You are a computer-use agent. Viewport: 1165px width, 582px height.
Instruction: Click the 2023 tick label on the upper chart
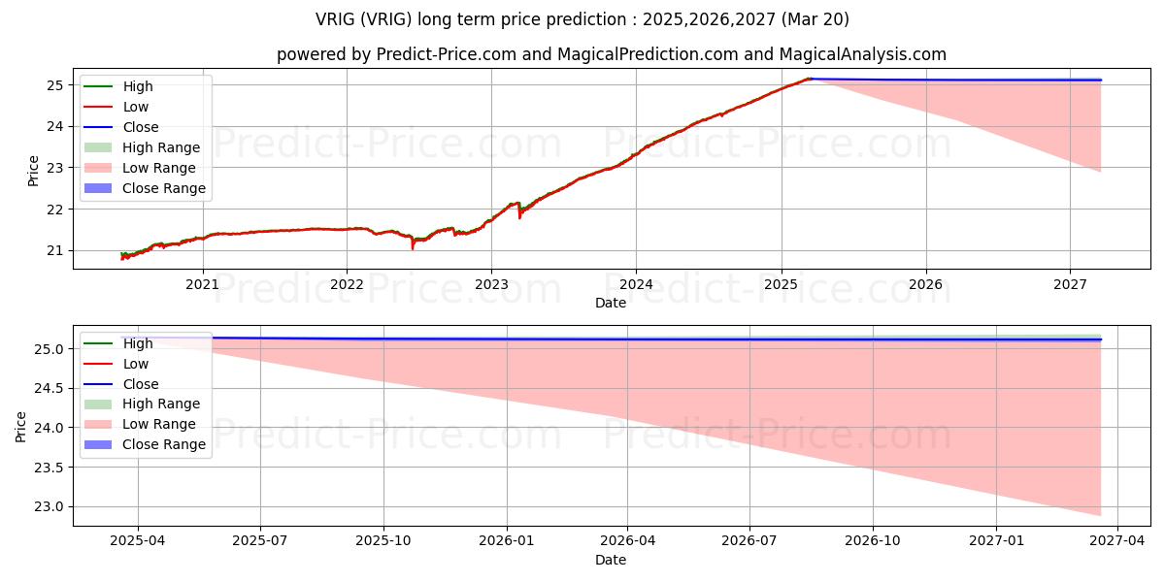pyautogui.click(x=491, y=284)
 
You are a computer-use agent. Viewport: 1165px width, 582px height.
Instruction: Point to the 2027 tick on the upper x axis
pyautogui.click(x=1070, y=284)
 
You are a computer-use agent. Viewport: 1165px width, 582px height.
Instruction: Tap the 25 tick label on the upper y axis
pyautogui.click(x=55, y=85)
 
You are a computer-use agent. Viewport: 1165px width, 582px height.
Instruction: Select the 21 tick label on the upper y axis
pyautogui.click(x=55, y=250)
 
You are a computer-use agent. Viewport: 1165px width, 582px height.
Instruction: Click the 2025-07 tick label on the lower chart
pyautogui.click(x=260, y=541)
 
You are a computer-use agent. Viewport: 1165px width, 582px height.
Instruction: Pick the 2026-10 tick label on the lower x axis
pyautogui.click(x=873, y=541)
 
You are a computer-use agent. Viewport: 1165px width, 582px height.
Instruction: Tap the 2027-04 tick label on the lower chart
pyautogui.click(x=1117, y=541)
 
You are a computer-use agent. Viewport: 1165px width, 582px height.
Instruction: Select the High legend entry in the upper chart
pyautogui.click(x=137, y=86)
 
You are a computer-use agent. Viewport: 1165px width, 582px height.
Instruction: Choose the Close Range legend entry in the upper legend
pyautogui.click(x=163, y=188)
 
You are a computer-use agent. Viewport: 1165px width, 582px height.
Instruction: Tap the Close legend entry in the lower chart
pyautogui.click(x=140, y=384)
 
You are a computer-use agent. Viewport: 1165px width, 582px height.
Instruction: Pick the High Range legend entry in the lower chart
pyautogui.click(x=160, y=404)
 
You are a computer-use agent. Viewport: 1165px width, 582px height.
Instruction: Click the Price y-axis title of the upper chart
pyautogui.click(x=33, y=170)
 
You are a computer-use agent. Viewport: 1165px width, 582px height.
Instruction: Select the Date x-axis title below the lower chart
pyautogui.click(x=611, y=560)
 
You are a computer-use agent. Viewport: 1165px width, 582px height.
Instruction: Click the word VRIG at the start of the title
pyautogui.click(x=335, y=19)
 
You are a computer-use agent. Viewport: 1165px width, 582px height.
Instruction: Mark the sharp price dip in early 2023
pyautogui.click(x=519, y=216)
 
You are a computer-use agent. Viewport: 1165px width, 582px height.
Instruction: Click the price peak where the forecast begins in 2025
pyautogui.click(x=808, y=79)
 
